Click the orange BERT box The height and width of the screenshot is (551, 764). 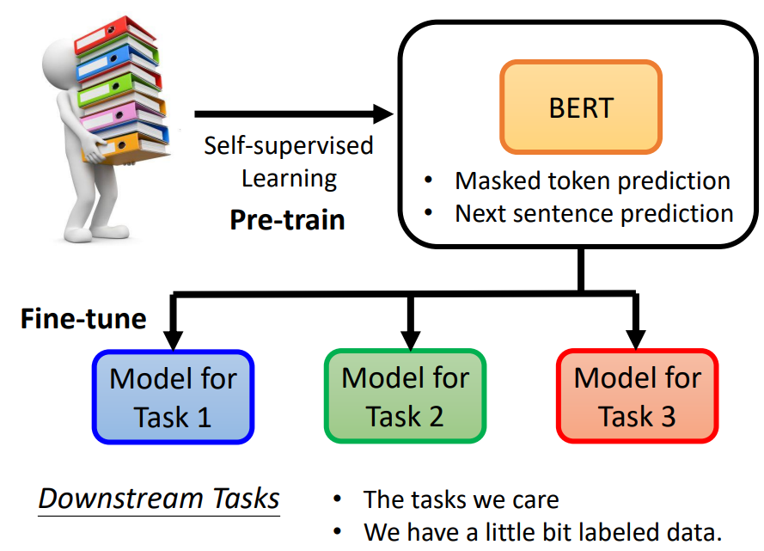pos(581,107)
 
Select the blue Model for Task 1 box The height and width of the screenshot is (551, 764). pos(173,396)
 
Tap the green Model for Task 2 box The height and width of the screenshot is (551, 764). pos(405,396)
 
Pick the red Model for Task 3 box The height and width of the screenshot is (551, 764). pos(637,396)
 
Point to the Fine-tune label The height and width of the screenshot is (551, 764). pos(83,320)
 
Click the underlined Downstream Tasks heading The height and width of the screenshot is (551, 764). pos(159,499)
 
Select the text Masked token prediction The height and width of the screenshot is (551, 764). pos(592,181)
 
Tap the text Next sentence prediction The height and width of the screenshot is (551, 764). pos(594,212)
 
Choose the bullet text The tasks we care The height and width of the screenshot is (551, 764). pos(461,499)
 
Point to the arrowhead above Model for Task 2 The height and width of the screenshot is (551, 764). pos(408,340)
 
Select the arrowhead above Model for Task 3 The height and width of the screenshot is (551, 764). pos(637,340)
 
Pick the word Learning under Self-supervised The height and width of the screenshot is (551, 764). pos(289,179)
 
